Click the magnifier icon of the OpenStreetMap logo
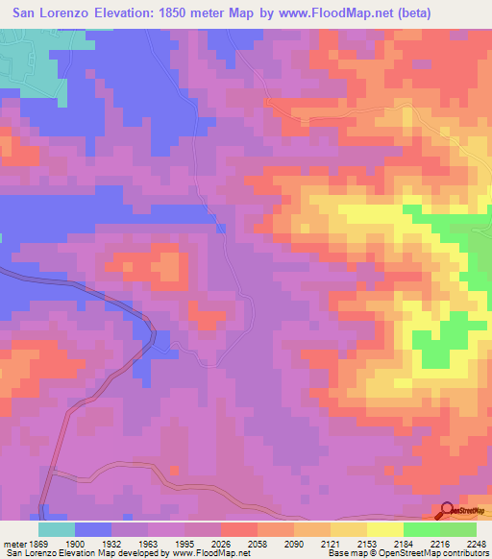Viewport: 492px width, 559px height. (447, 511)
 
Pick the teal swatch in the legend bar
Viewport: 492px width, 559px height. (57, 529)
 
